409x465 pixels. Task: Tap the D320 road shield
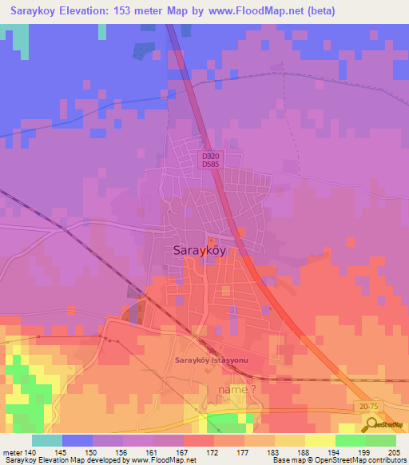[211, 157]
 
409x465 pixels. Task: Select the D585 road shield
[211, 165]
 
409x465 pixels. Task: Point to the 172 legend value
[213, 452]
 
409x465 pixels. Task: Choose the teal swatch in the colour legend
[47, 440]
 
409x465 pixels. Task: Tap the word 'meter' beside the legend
[11, 452]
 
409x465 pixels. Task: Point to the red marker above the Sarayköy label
[211, 240]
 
